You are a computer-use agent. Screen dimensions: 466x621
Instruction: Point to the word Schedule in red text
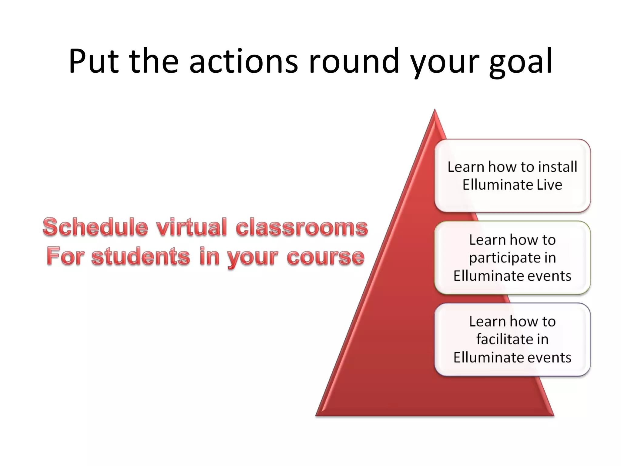[x=95, y=227]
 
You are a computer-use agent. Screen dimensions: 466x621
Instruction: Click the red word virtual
[x=191, y=227]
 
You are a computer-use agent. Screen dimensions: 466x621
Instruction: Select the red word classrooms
[x=302, y=228]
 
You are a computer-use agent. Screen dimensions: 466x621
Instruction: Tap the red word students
[x=141, y=256]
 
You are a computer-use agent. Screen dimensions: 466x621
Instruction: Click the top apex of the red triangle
[x=435, y=111]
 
